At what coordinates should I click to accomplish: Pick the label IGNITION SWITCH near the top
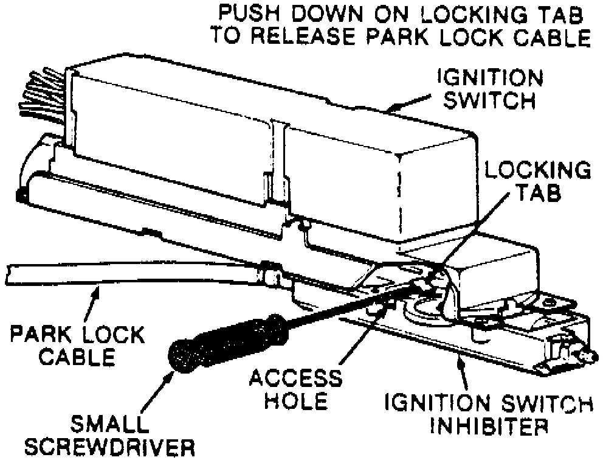[490, 88]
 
